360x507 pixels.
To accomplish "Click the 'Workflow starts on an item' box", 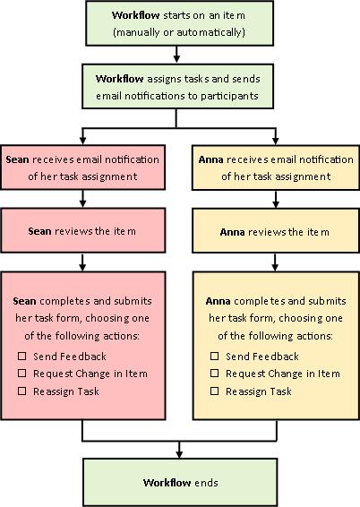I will [179, 24].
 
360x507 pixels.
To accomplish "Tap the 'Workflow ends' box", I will [179, 483].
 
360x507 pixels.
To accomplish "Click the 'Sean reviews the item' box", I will [82, 231].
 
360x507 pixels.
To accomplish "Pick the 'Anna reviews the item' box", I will [274, 231].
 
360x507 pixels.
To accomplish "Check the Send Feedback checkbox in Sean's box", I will [22, 357].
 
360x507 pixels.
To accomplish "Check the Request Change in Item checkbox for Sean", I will [22, 374].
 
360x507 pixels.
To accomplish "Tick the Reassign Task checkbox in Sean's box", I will [22, 391].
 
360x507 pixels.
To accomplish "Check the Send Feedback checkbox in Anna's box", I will [215, 357].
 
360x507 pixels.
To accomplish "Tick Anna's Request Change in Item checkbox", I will [215, 374].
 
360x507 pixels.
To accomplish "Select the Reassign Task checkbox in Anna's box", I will [215, 391].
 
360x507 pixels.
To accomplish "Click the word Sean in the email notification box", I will [17, 159].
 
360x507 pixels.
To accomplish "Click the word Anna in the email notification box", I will [210, 159].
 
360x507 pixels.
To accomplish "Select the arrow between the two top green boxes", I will [179, 55].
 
